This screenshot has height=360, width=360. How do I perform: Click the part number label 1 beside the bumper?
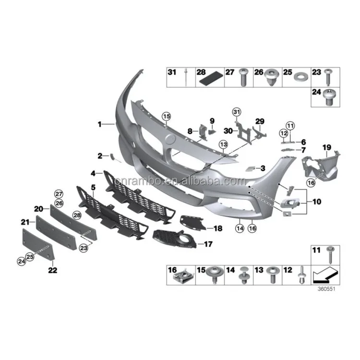pyautogui.click(x=100, y=124)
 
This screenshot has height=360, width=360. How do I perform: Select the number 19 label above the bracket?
pyautogui.click(x=326, y=146)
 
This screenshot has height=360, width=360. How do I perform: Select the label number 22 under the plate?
pyautogui.click(x=52, y=270)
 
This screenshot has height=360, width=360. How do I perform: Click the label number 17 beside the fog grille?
pyautogui.click(x=208, y=244)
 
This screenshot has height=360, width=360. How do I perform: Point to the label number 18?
pyautogui.click(x=217, y=229)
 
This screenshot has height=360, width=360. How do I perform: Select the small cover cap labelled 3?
pyautogui.click(x=251, y=168)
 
